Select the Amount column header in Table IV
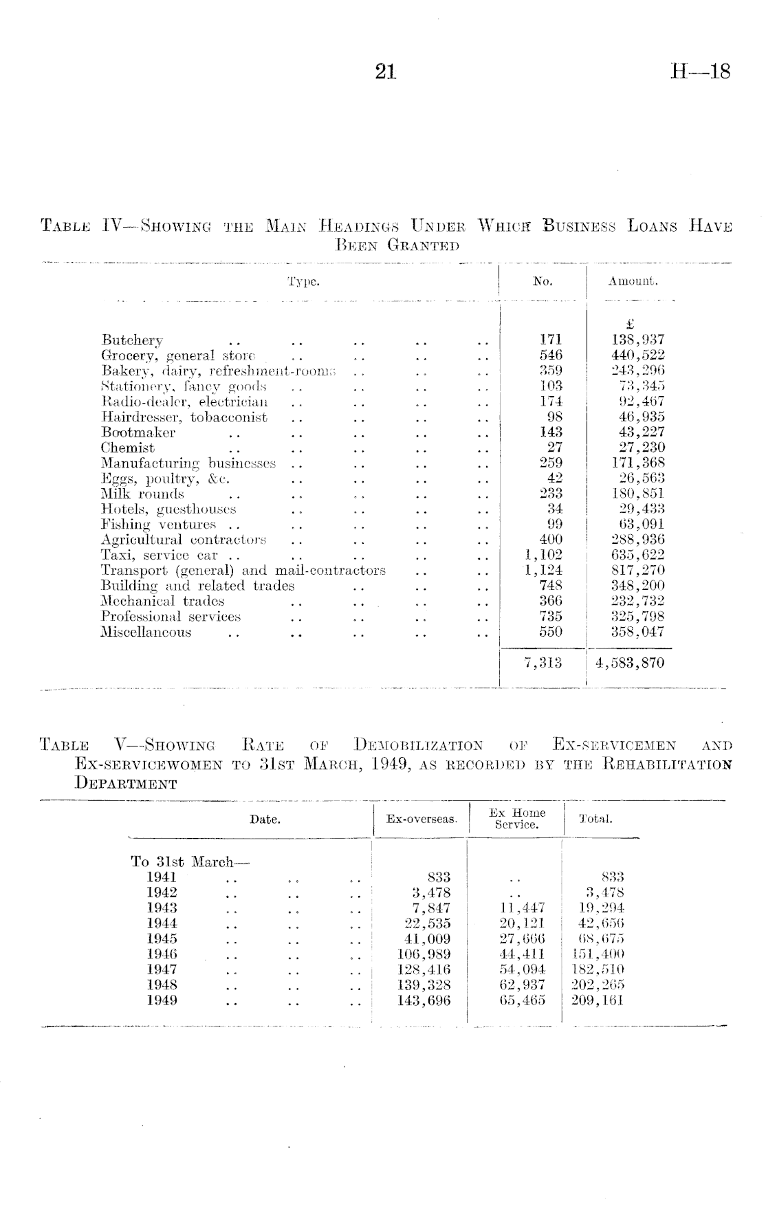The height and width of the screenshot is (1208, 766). point(633,281)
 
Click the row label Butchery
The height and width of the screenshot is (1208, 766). point(132,340)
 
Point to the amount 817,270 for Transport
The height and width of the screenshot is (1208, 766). point(637,571)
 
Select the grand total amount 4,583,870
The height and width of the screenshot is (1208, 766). point(631,663)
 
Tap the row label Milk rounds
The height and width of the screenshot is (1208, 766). point(142,494)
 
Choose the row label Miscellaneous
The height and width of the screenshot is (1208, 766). point(146,633)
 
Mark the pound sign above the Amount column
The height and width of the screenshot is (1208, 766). point(631,324)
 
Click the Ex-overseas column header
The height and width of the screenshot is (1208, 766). point(422,820)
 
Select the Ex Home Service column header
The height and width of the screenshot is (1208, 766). point(517,819)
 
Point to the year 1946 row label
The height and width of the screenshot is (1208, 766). point(162,954)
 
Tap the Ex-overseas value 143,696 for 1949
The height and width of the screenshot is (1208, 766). point(424,1000)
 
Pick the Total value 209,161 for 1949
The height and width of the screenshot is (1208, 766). point(597,1000)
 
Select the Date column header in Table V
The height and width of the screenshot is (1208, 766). point(265,820)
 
